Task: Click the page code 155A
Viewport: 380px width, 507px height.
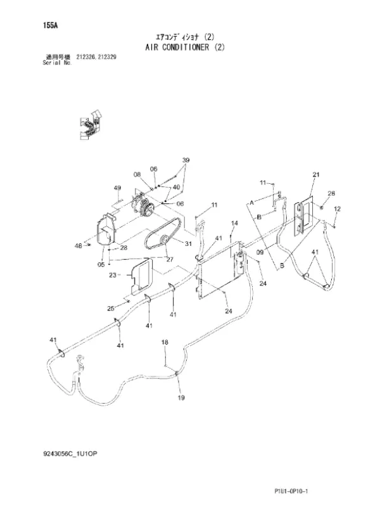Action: click(50, 25)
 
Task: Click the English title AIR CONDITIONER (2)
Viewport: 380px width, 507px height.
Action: click(185, 47)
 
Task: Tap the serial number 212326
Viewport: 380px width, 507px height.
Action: click(85, 57)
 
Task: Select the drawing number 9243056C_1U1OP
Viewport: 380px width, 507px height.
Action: click(70, 454)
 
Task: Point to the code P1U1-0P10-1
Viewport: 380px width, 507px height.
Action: click(291, 491)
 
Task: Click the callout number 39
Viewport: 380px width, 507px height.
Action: click(186, 160)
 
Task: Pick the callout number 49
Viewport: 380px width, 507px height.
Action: click(117, 188)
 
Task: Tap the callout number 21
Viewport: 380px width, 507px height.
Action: click(316, 175)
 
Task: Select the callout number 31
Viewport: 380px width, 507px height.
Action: click(188, 244)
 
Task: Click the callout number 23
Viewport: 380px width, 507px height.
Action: click(113, 275)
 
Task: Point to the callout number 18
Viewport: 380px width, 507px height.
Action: click(165, 342)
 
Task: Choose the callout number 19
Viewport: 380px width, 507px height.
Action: click(181, 397)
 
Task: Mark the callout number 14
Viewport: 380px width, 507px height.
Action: click(234, 223)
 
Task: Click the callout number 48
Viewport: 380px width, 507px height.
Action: click(78, 246)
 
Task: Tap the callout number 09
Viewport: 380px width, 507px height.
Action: click(260, 252)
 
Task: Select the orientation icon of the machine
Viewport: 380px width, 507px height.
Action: click(90, 125)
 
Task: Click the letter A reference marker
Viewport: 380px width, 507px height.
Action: click(251, 203)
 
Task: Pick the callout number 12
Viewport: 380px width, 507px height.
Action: click(337, 209)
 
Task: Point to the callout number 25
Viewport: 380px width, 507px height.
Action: click(111, 309)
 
